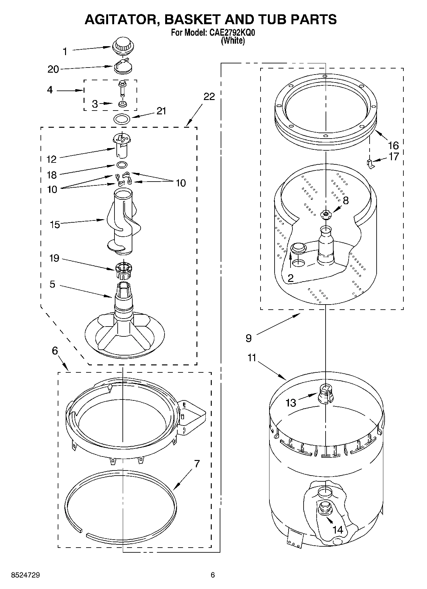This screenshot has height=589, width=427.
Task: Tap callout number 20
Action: coord(53,69)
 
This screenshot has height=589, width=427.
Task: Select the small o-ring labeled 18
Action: coord(122,165)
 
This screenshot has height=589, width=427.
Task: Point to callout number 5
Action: coord(53,284)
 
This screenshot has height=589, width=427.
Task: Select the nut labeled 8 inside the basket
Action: coord(326,215)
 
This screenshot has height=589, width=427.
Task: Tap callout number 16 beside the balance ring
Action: coord(393,146)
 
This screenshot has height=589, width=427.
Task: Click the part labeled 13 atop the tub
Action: coord(325,394)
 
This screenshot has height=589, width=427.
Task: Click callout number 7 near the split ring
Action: coord(197,464)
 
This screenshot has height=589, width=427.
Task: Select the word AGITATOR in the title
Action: coord(121,19)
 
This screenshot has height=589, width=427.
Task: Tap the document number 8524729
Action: coord(26,575)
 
